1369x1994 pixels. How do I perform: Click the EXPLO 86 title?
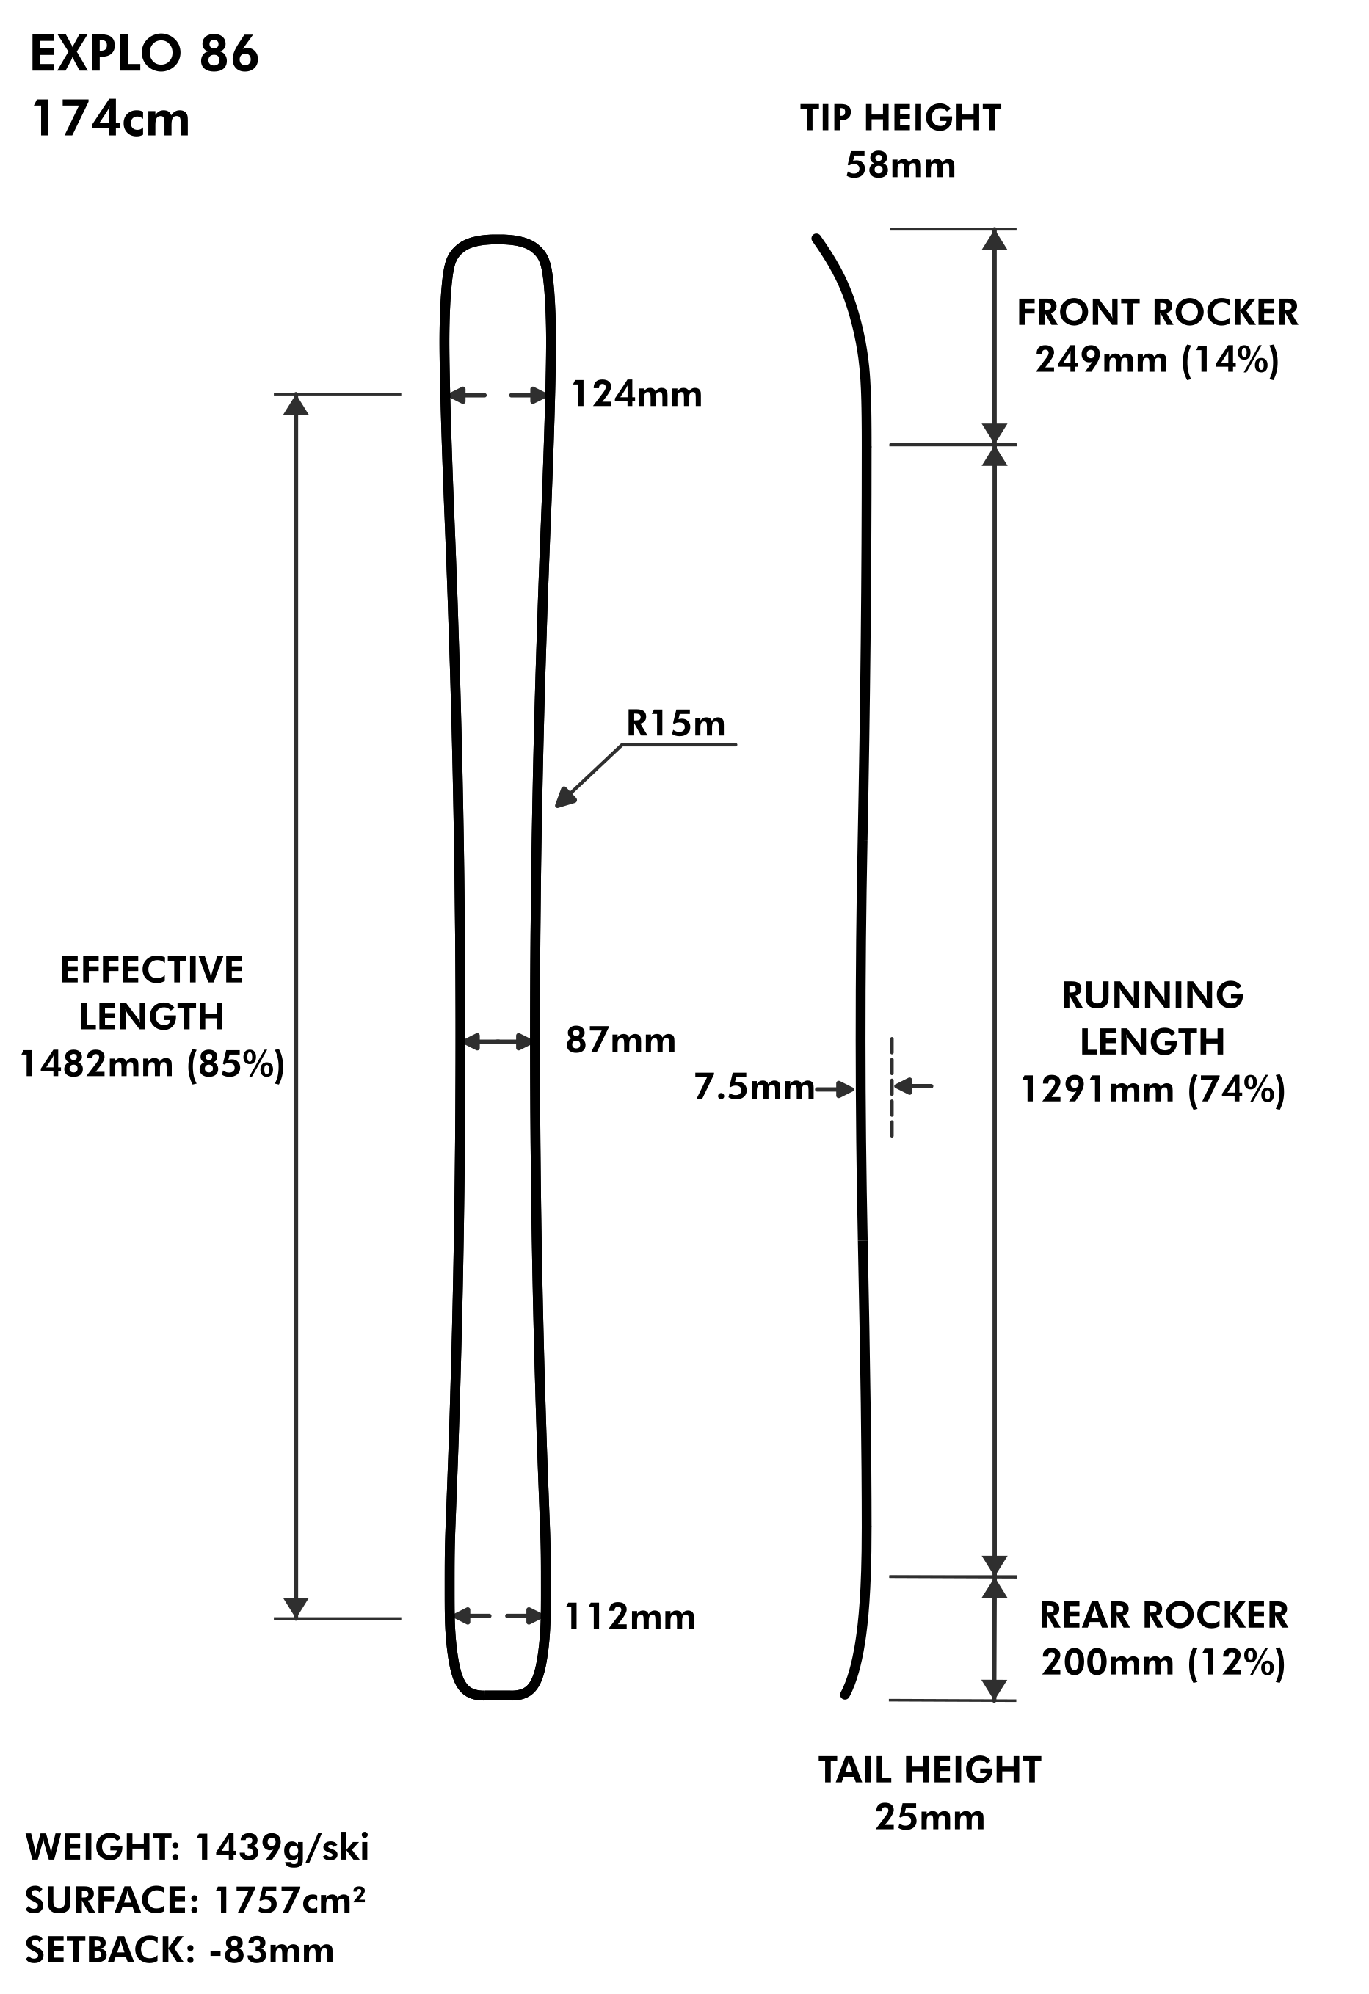coord(144,54)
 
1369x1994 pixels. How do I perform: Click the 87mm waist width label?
coord(620,1041)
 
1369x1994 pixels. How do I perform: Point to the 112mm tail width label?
coord(630,1618)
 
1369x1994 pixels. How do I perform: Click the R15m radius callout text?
coord(675,724)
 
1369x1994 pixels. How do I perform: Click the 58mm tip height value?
coord(901,166)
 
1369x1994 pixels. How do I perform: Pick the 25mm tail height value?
coord(929,1817)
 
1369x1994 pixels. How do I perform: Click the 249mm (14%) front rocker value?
coord(1157,360)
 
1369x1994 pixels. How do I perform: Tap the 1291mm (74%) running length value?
coord(1152,1091)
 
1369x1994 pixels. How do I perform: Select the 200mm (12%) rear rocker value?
coord(1163,1664)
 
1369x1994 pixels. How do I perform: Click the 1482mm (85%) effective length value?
coord(152,1065)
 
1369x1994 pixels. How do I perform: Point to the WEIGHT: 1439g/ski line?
coord(197,1847)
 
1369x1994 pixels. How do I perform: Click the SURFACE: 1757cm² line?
coord(195,1901)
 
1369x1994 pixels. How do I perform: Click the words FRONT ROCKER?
coord(1157,313)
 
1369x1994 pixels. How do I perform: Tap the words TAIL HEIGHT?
coord(929,1770)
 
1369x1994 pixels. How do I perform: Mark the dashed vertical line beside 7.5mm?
coord(892,1088)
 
